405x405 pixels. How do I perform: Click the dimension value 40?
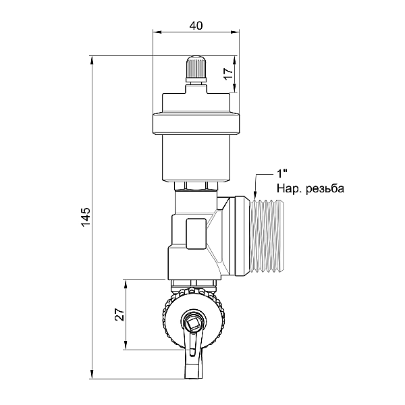tap(196, 26)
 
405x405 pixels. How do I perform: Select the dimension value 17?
tap(229, 74)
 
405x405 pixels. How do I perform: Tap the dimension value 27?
tap(119, 314)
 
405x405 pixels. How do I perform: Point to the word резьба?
tap(325, 188)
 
